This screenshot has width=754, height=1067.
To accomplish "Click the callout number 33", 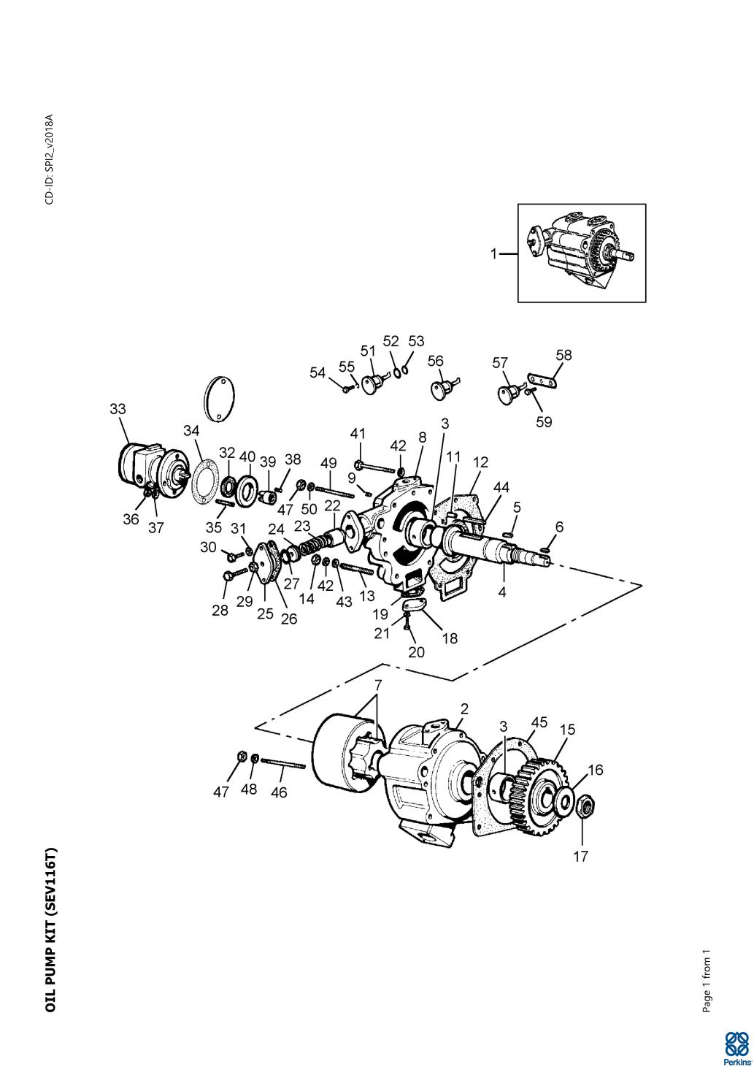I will pos(118,409).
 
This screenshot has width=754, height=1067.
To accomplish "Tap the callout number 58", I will pos(563,356).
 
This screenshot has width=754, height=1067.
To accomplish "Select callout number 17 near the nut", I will pos(580,856).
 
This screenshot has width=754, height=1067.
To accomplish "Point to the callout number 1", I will pos(493,254).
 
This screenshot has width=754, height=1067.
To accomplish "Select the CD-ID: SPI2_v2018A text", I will pos(50,159).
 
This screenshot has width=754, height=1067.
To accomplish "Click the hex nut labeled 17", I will pos(584,808).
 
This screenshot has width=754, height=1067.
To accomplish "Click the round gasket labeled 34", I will pos(204,481).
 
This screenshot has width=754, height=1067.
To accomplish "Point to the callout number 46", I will pos(279,792).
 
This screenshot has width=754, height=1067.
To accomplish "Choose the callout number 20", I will pos(416,652).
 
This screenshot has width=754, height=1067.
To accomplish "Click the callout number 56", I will pos(436,361).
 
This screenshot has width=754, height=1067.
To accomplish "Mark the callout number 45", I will pos(539,722).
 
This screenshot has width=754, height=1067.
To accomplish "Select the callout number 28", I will pos(220,610).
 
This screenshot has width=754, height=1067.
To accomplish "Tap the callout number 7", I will pos(378,687).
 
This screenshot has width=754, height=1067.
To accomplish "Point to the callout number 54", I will pos(318,372).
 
